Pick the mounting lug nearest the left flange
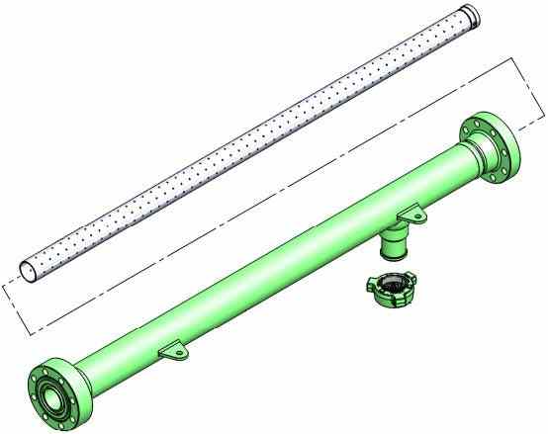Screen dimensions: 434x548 pyautogui.click(x=173, y=349)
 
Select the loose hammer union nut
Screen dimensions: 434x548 pyautogui.click(x=389, y=289)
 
